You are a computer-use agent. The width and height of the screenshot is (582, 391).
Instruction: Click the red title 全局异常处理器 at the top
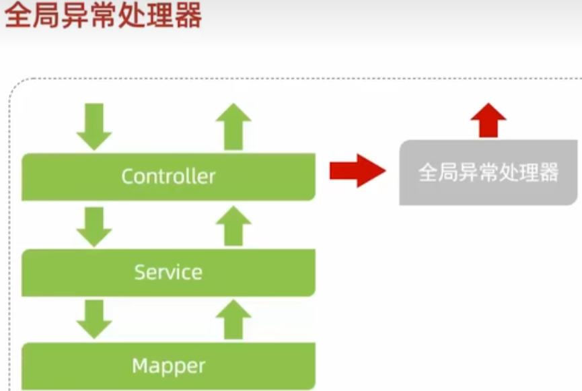[103, 15]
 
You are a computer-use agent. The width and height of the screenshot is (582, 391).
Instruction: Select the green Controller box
[168, 177]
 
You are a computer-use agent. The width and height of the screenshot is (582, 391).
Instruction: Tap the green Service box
[168, 273]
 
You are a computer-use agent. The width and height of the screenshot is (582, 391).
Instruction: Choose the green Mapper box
[168, 366]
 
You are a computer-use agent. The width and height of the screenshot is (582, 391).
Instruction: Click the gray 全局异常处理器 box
[488, 172]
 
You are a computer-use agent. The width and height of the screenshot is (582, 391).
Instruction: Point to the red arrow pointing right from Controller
[358, 171]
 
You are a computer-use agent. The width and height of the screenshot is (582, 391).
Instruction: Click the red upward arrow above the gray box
[488, 120]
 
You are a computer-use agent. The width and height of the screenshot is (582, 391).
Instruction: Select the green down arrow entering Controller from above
[94, 127]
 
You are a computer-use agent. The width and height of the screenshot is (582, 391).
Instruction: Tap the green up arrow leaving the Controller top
[233, 127]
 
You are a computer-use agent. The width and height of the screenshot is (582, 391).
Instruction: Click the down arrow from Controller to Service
[94, 227]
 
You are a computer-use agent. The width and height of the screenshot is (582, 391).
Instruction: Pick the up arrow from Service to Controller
[233, 225]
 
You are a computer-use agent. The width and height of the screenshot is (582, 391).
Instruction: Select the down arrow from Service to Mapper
[94, 320]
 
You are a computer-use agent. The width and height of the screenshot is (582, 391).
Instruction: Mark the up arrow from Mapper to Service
[233, 320]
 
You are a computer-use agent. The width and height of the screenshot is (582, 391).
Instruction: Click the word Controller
[168, 176]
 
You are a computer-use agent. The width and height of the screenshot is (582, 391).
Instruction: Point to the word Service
[168, 272]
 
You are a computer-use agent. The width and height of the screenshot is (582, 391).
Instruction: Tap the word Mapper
[168, 367]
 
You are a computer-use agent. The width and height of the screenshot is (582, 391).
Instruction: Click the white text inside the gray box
[488, 172]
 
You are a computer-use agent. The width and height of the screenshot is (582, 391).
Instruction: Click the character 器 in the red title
[188, 15]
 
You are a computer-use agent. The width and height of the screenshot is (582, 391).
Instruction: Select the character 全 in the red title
[17, 15]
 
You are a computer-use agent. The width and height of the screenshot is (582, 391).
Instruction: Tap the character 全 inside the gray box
[428, 172]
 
